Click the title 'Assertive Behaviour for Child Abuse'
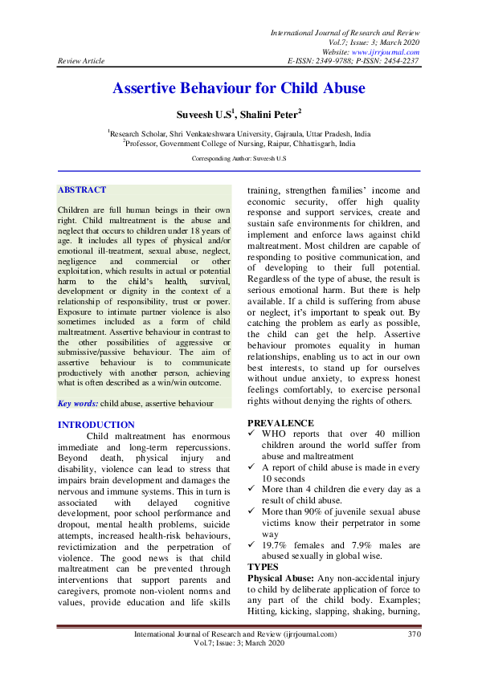[239, 88]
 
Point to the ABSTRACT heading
[82, 190]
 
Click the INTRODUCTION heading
[96, 425]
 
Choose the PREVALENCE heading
[280, 422]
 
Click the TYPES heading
[263, 566]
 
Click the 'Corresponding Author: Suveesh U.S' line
[239, 159]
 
